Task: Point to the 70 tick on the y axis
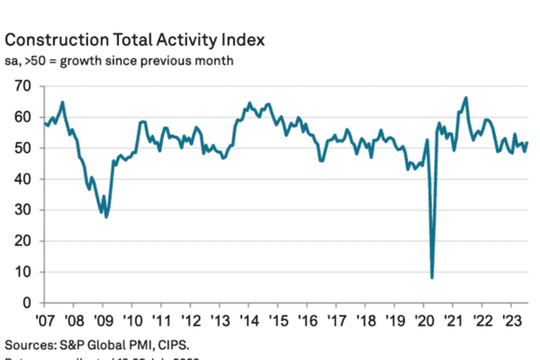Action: click(x=23, y=85)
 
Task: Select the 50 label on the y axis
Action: click(x=23, y=148)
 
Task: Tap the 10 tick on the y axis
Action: click(x=23, y=272)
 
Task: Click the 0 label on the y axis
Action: click(x=28, y=302)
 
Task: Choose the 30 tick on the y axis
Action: click(x=23, y=210)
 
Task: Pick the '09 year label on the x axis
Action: click(x=103, y=320)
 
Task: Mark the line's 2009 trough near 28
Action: click(x=106, y=217)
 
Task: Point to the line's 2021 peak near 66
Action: click(x=466, y=97)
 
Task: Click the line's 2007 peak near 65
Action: click(x=62, y=102)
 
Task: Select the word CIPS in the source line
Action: click(x=176, y=345)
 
